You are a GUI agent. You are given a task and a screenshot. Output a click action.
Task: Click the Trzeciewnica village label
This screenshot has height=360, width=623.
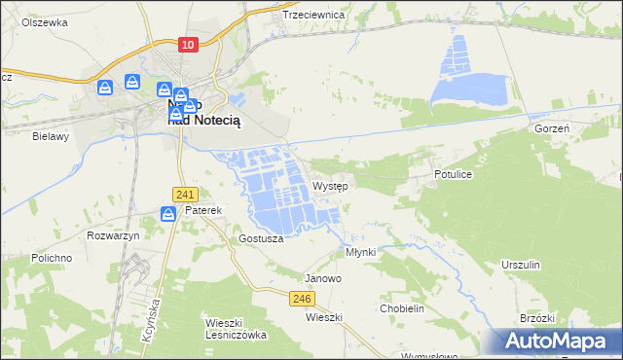pos(313,16)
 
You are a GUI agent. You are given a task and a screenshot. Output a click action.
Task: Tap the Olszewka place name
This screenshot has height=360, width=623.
pos(44,21)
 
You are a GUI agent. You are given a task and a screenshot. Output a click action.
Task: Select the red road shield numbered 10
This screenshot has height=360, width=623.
pos(189,45)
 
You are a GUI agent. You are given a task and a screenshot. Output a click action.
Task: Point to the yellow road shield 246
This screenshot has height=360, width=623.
pos(301,300)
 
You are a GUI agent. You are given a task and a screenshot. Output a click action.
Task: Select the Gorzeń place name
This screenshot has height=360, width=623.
pos(551,128)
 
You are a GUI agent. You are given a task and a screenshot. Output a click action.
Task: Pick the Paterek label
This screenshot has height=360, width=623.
pos(204,210)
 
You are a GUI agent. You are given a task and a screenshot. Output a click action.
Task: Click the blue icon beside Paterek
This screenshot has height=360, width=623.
pos(168,212)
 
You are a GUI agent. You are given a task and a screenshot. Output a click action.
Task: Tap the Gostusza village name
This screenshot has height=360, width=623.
pos(260,238)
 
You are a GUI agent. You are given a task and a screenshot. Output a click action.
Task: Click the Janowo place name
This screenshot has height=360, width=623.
pos(323,278)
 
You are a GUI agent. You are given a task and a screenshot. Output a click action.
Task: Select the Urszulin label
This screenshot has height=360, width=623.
pos(520,265)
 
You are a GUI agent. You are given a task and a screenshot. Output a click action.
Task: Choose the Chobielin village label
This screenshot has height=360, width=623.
pos(402,308)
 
